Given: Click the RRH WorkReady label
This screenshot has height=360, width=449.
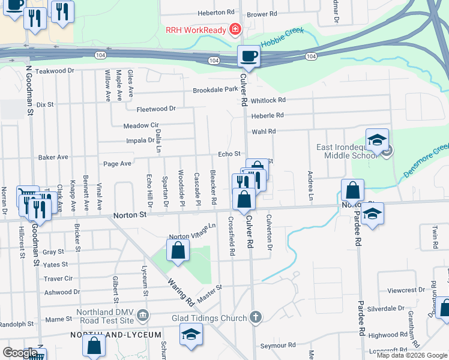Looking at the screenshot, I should point(196,30).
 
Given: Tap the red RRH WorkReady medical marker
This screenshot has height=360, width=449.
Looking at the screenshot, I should point(235,29).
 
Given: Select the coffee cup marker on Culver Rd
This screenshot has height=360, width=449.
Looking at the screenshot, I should point(249,57).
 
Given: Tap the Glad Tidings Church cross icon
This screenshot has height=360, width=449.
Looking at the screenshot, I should point(255,317).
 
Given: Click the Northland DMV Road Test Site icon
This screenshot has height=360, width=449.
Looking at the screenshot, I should point(143,314).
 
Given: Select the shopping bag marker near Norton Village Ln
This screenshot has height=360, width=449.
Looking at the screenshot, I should point(178,251).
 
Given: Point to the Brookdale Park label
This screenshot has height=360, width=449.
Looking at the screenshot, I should point(215,90).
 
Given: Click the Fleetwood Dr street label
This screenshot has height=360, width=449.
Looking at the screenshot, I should point(156,109).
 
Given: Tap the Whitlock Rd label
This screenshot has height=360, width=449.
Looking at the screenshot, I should point(268,100).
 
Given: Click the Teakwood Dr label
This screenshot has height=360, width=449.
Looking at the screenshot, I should point(54,71).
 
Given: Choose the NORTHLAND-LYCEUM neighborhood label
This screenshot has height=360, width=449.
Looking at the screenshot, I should point(116,334).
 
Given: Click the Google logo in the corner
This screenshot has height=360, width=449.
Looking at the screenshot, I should point(20,353).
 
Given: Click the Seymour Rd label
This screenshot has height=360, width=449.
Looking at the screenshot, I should point(278,346).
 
